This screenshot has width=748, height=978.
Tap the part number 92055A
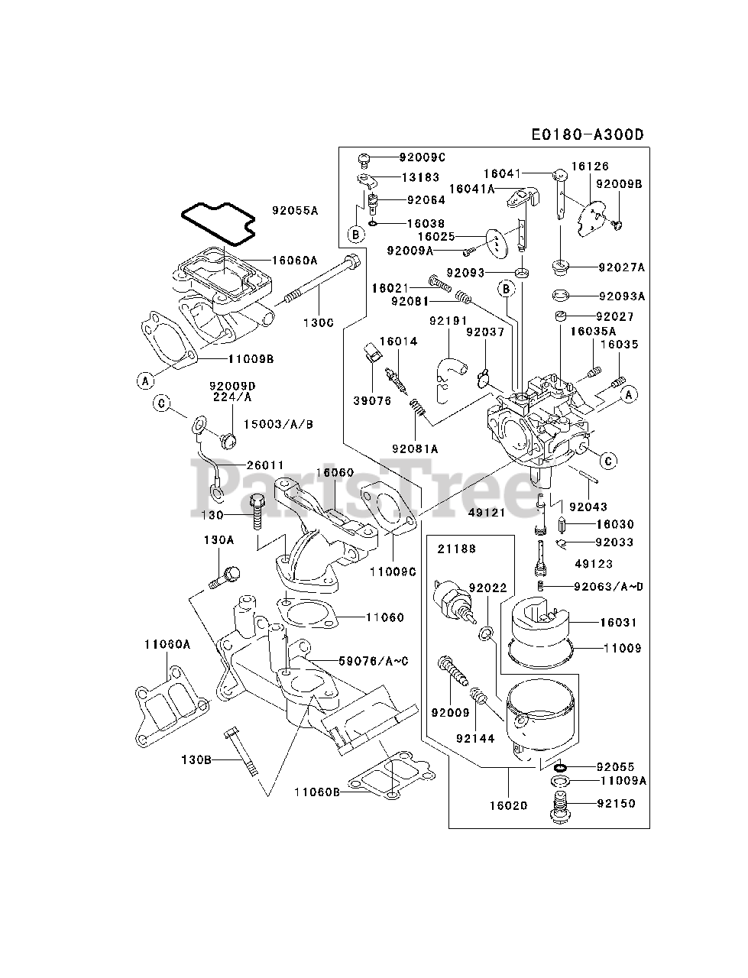pos(294,209)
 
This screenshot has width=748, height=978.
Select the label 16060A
pos(294,260)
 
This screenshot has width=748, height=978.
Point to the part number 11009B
pos(251,358)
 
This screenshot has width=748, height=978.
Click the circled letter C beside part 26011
pos(161,403)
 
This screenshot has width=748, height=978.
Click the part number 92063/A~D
pos(608,586)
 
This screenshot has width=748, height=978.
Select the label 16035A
pos(592,331)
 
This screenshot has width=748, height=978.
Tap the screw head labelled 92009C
pos(364,160)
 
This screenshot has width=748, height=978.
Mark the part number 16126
pos(591,166)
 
